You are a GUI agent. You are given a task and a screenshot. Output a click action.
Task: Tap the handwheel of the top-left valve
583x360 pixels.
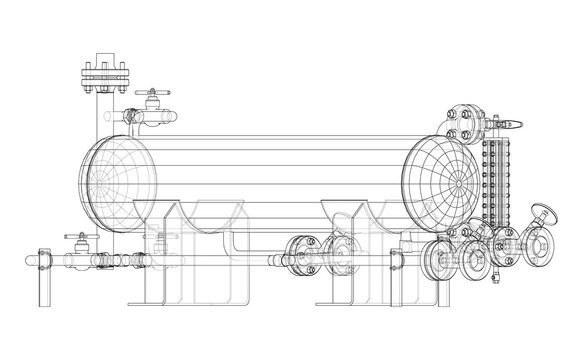(x=151, y=91)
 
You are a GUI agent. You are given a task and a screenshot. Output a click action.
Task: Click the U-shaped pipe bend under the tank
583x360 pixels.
(x=235, y=245)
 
